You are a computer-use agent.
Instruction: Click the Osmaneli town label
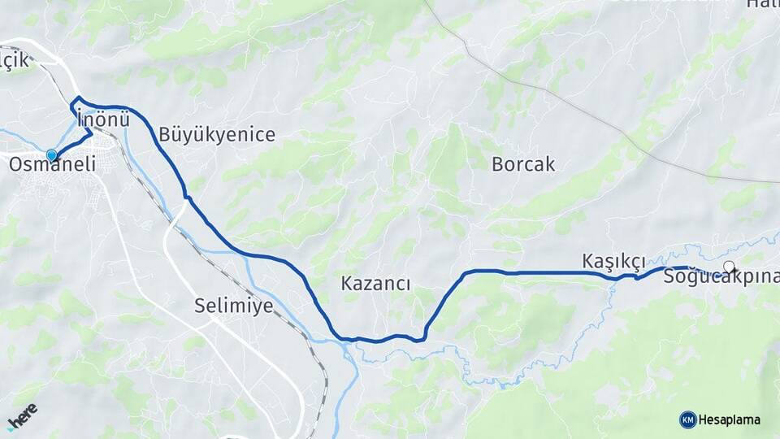point(52,164)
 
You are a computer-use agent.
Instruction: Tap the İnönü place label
point(103,119)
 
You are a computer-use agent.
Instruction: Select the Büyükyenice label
point(217,134)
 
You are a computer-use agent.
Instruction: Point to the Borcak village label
point(523,164)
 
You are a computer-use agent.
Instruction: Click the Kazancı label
point(375,284)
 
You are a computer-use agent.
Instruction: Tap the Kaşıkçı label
point(613,261)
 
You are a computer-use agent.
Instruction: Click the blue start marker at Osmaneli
point(52,155)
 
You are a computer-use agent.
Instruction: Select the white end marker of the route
point(729,266)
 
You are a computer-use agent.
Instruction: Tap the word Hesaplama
point(730,420)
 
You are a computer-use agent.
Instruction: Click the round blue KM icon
point(687,420)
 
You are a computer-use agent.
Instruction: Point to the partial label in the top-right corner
point(764,5)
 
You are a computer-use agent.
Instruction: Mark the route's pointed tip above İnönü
point(76,98)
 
